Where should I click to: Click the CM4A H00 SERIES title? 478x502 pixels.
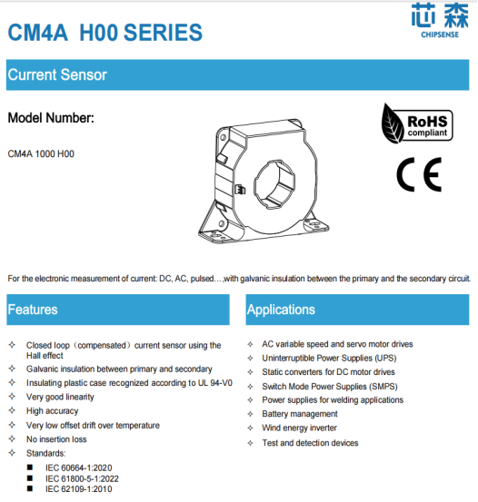[105, 34]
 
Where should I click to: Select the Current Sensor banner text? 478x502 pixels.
[57, 75]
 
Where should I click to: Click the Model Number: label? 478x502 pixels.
[51, 118]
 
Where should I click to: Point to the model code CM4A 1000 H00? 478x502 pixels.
[41, 154]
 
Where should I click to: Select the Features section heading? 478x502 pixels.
[33, 310]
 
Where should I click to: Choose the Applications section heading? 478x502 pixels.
[281, 310]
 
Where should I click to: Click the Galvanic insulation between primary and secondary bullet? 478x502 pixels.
[119, 369]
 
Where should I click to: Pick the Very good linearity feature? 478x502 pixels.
[62, 397]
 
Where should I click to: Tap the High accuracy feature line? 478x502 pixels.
[53, 411]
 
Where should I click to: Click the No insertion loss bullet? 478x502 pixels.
[58, 438]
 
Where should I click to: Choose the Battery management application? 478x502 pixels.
[299, 414]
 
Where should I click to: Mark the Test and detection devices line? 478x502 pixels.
[310, 443]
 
